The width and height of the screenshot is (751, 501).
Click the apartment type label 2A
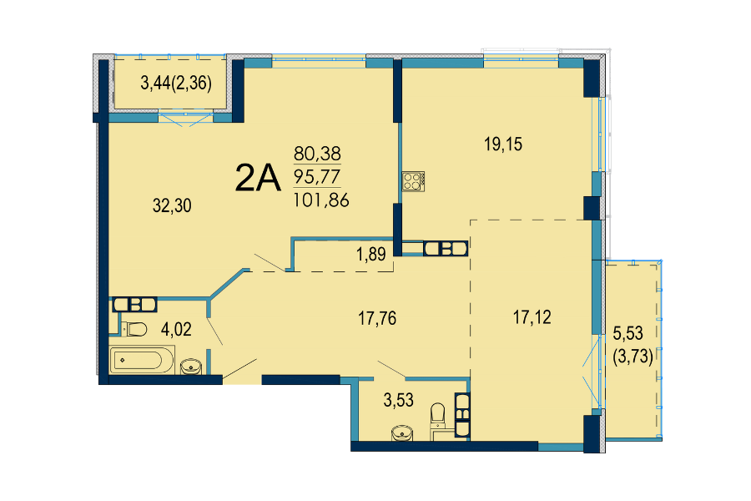[x=257, y=178]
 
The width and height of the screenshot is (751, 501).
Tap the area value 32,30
[x=172, y=205]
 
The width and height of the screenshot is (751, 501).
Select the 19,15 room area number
[x=503, y=144]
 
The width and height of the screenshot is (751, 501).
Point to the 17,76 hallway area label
[x=377, y=318]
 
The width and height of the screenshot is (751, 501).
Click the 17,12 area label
[x=532, y=317]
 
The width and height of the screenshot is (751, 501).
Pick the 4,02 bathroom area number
[x=176, y=329]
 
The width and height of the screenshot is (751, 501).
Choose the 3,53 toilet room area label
[x=399, y=400]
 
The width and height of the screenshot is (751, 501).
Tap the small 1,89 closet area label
[x=371, y=254]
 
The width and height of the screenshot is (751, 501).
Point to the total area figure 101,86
[x=321, y=200]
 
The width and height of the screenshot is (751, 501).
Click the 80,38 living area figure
[x=317, y=154]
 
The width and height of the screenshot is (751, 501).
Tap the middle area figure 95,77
[x=317, y=177]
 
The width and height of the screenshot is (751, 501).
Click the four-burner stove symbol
[x=413, y=181]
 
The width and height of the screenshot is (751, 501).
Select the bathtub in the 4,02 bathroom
[x=142, y=361]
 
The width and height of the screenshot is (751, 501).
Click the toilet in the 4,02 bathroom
[x=134, y=329]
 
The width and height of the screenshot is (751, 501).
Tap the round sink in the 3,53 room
[x=402, y=433]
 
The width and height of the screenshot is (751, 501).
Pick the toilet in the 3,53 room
[x=438, y=416]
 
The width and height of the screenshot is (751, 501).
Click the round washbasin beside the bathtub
[x=191, y=367]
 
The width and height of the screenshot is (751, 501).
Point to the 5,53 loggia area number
[x=628, y=332]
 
